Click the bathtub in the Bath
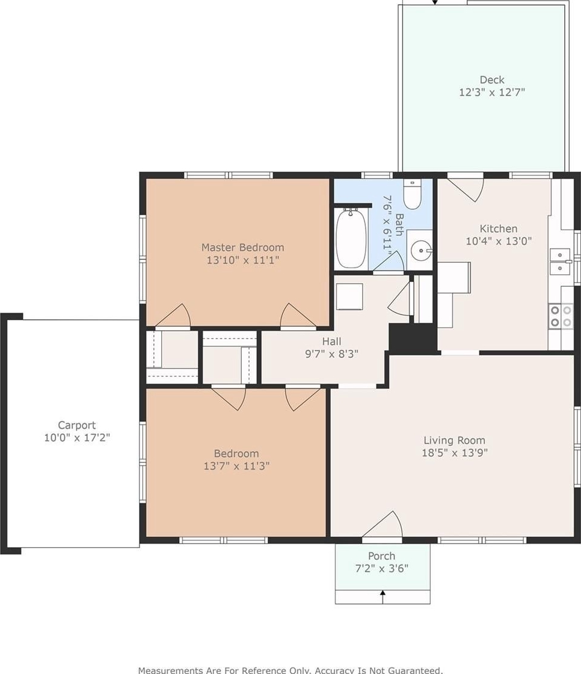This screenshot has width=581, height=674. pyautogui.click(x=351, y=238)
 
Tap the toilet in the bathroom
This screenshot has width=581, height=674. pyautogui.click(x=412, y=194)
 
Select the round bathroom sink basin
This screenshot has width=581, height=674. pyautogui.click(x=419, y=250)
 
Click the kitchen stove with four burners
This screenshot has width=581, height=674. pyautogui.click(x=561, y=316)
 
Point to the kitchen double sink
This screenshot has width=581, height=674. pyautogui.click(x=561, y=262)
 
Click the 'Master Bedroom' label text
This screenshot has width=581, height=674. pyautogui.click(x=242, y=248)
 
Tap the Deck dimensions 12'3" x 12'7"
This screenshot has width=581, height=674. pyautogui.click(x=492, y=92)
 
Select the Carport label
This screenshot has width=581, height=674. pyautogui.click(x=76, y=425)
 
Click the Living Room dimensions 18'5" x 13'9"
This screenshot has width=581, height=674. pyautogui.click(x=455, y=453)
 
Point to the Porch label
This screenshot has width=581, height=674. pyautogui.click(x=381, y=556)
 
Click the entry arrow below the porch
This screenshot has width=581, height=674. pyautogui.click(x=383, y=596)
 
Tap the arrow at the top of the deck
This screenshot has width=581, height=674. pyautogui.click(x=435, y=2)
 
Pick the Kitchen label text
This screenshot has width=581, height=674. pyautogui.click(x=499, y=228)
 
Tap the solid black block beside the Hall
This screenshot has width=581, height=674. pyautogui.click(x=413, y=339)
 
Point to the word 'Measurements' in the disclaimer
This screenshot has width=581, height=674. pyautogui.click(x=170, y=670)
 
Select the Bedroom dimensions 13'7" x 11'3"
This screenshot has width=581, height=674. pyautogui.click(x=236, y=466)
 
